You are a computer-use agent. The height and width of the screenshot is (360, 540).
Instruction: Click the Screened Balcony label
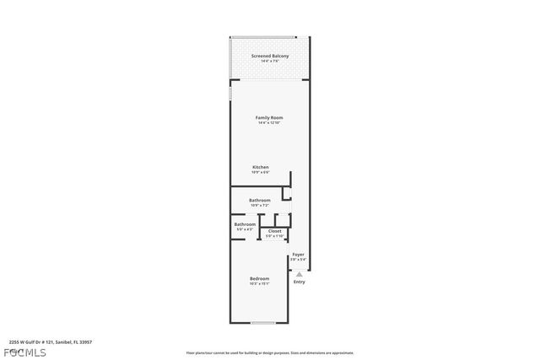(x=269, y=56)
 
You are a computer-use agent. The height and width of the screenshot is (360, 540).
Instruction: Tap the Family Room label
(x=269, y=117)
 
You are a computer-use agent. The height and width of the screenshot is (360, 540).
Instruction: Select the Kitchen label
(x=261, y=167)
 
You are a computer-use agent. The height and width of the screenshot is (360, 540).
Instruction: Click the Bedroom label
(x=259, y=279)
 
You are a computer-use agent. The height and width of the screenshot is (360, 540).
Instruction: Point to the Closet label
(x=274, y=231)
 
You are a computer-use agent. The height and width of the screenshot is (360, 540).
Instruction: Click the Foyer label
(x=298, y=254)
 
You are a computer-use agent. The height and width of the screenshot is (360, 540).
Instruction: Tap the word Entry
(x=300, y=282)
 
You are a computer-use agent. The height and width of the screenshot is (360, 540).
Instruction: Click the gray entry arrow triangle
(x=299, y=274)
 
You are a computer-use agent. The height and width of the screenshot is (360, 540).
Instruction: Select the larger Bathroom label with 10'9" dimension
(x=259, y=200)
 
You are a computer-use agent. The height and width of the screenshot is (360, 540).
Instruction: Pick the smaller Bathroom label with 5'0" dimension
(x=245, y=224)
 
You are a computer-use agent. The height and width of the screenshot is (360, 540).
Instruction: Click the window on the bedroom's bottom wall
(x=263, y=323)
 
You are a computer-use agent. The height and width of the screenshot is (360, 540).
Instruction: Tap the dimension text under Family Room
(x=269, y=123)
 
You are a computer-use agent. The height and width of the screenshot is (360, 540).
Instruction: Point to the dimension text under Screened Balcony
(x=269, y=62)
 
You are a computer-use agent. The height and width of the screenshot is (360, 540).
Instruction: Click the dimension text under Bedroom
(x=259, y=284)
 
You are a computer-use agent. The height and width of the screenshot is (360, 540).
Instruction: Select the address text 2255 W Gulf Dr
(x=51, y=341)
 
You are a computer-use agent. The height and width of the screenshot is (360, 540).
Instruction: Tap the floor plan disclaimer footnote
(x=269, y=353)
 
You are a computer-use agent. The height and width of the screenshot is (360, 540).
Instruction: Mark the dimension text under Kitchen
(x=261, y=173)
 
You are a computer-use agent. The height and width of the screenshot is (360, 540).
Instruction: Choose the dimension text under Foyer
(x=298, y=259)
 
